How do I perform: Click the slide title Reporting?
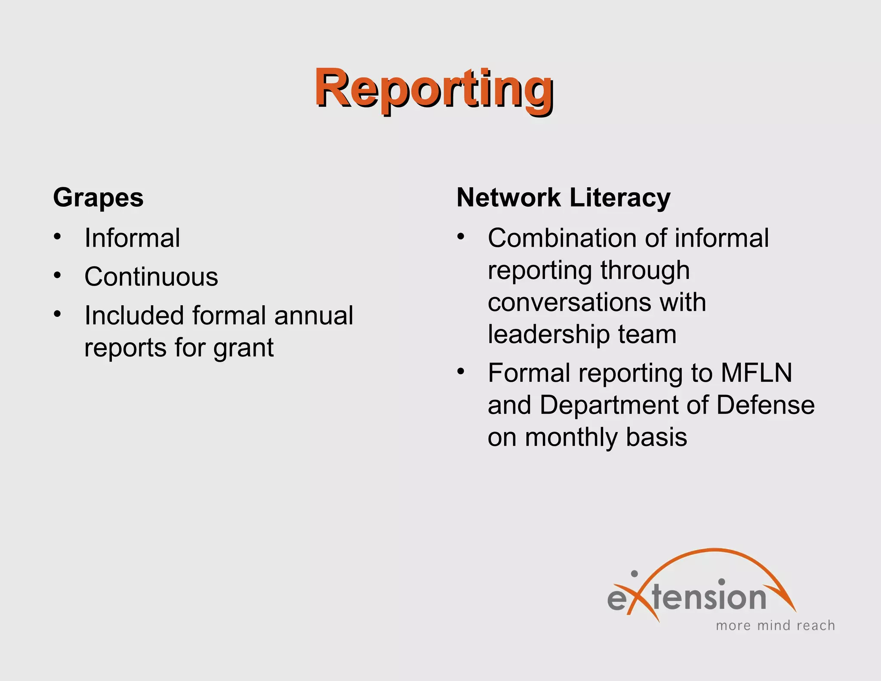434,90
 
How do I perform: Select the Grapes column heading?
98,198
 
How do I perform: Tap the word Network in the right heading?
508,198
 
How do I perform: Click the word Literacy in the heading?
620,198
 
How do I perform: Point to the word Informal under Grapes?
132,238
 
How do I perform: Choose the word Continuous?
151,277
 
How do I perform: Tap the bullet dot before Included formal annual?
58,314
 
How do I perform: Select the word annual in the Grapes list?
314,316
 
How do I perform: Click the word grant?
243,348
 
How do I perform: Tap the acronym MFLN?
756,373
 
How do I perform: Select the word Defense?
765,405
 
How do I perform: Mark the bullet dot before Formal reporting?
461,371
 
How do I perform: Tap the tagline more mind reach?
775,625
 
